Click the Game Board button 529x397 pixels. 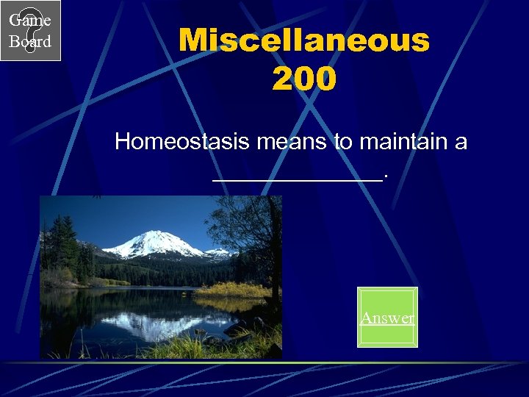pos(30,30)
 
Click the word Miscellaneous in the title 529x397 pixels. pos(303,41)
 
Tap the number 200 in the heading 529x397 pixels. pos(303,78)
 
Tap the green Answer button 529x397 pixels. pos(387,317)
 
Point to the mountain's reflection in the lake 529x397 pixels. pos(154,323)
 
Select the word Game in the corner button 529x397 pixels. pos(30,21)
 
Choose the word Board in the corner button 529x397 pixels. pos(30,41)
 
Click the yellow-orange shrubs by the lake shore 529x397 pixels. pos(235,290)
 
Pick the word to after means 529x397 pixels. pos(343,142)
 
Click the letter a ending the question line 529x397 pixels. pos(461,142)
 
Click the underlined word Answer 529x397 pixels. pos(387,318)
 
